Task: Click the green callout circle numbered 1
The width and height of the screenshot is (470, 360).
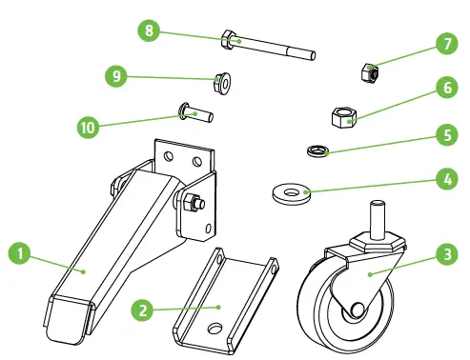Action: click(19, 254)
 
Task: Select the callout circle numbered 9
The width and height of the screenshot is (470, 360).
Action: click(118, 76)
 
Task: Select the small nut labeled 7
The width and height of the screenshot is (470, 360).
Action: click(372, 71)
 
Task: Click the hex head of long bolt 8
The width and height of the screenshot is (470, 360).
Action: click(229, 40)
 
